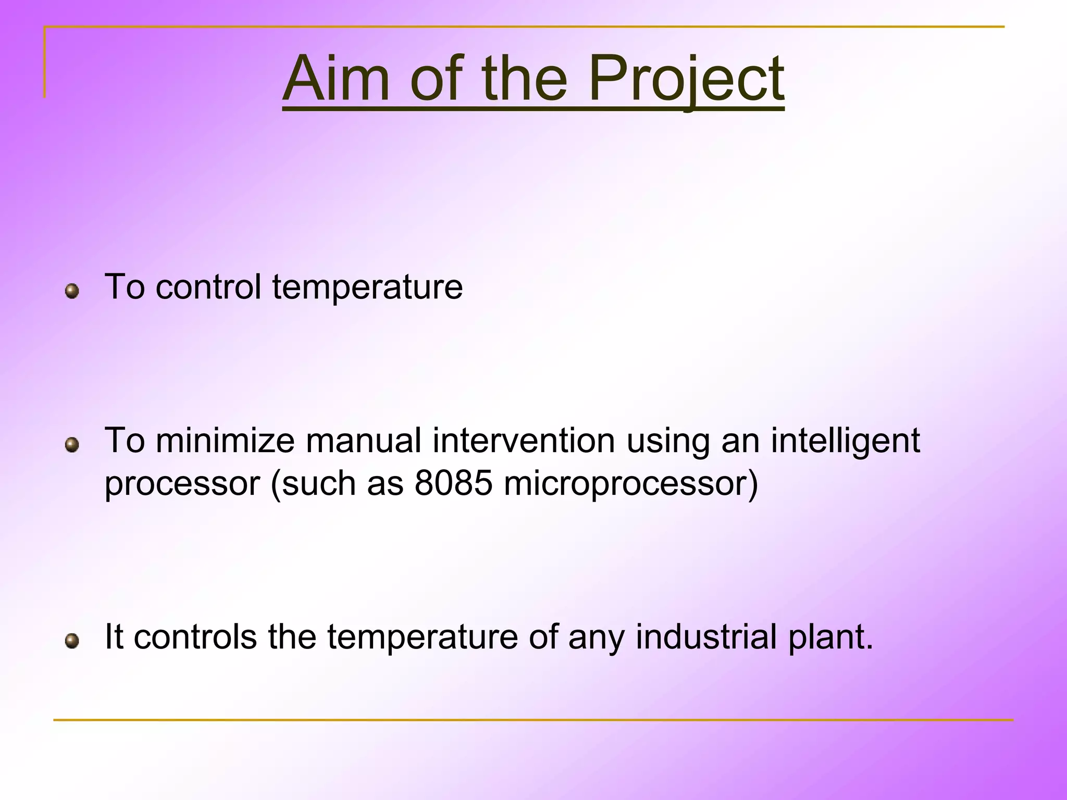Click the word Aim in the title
tap(336, 79)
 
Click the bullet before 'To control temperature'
tap(72, 291)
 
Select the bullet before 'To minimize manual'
tap(72, 445)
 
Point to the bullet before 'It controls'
tap(72, 641)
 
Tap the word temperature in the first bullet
tap(367, 288)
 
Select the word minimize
tap(225, 441)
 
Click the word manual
tap(363, 441)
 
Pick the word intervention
tap(524, 441)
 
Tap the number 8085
tap(453, 483)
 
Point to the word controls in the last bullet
tap(195, 636)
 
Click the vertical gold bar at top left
tap(45, 62)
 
